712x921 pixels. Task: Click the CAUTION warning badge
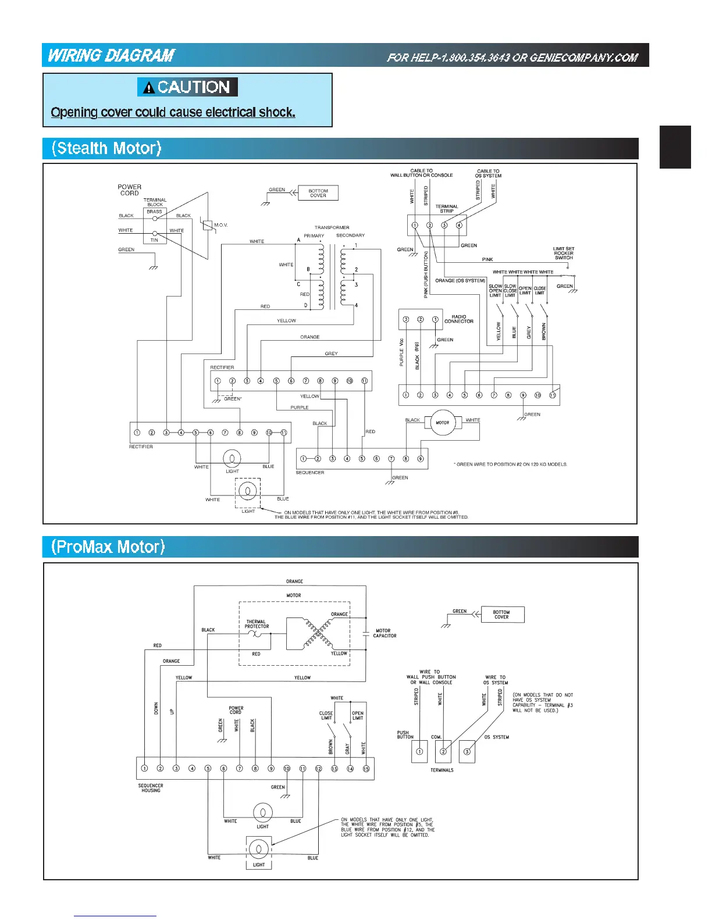tap(187, 87)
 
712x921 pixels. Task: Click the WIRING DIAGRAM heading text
tap(111, 55)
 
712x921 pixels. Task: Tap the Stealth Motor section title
tap(106, 148)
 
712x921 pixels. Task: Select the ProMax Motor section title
tap(108, 547)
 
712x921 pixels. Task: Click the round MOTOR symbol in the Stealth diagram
tap(442, 423)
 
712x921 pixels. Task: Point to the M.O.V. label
tap(220, 225)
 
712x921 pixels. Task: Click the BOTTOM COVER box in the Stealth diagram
tap(318, 193)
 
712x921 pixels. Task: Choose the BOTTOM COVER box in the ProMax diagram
tap(502, 615)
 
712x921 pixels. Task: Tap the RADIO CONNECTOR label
tap(458, 319)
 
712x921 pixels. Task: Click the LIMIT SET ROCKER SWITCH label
tap(563, 253)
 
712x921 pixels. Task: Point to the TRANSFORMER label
tap(332, 227)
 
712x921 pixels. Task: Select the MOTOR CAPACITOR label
tap(385, 633)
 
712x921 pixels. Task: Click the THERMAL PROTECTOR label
tap(257, 624)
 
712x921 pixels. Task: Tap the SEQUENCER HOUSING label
tap(151, 788)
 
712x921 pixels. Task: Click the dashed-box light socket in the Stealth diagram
tap(248, 492)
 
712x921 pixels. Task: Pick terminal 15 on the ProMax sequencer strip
tap(366, 769)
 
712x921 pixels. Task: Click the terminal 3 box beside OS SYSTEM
tap(467, 751)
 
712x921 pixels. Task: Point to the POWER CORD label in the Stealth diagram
tap(129, 190)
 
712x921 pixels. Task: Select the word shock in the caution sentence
tap(277, 112)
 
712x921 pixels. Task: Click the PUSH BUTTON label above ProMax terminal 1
tap(405, 735)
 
